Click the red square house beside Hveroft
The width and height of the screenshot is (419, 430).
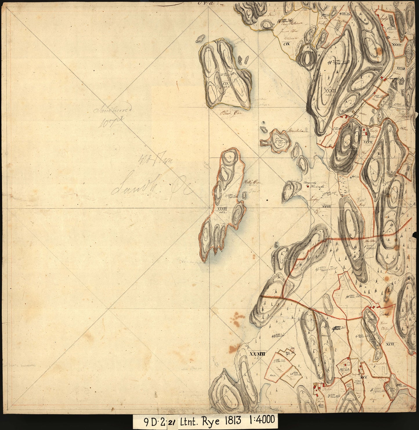pyautogui.click(x=308, y=187)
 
